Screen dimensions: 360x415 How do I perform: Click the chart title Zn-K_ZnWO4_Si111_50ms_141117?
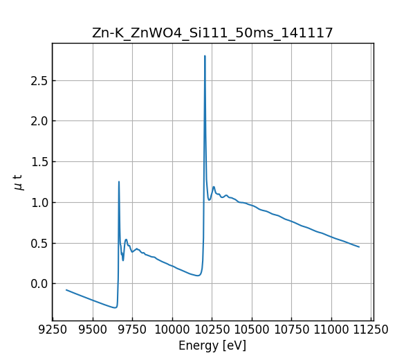click(212, 33)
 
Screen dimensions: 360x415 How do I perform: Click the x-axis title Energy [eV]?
click(212, 345)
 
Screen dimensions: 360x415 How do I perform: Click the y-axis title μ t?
click(19, 182)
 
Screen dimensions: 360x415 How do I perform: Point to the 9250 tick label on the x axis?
click(53, 330)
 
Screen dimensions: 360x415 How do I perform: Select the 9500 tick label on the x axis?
click(93, 330)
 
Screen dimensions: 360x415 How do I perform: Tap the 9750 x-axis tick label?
click(132, 330)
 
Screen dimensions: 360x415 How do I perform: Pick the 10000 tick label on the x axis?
click(172, 330)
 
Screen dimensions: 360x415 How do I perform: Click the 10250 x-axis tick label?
click(212, 330)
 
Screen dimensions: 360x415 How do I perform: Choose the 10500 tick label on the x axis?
click(252, 330)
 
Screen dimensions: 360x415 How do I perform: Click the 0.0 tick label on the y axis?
click(39, 284)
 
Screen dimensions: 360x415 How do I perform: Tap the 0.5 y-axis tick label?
click(39, 243)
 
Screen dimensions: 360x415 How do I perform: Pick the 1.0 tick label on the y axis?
click(39, 203)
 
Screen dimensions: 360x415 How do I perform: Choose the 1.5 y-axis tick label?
click(39, 162)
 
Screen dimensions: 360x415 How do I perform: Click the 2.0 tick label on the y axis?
click(39, 121)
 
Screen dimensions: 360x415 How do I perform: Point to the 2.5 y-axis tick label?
click(39, 81)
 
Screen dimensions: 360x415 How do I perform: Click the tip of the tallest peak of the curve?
click(205, 56)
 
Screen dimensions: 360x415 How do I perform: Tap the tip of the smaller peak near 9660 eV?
click(119, 182)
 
